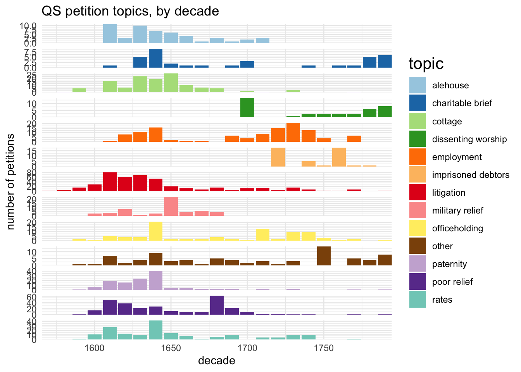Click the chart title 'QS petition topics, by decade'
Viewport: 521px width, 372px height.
(x=130, y=11)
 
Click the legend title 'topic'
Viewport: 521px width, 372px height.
(x=426, y=64)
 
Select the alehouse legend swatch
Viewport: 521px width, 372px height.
(x=417, y=85)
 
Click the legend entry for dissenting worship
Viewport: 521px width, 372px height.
(x=469, y=139)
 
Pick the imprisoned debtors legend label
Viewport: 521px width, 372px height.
(x=471, y=175)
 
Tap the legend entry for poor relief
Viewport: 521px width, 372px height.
(x=452, y=282)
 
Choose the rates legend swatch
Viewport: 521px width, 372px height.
(x=417, y=300)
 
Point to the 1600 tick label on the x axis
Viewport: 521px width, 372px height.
(x=94, y=347)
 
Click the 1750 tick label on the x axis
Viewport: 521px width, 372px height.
(x=324, y=347)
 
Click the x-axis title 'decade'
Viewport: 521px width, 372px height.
(x=216, y=361)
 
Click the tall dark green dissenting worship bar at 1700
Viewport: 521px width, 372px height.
(x=247, y=108)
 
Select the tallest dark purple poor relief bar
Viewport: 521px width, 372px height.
(x=217, y=305)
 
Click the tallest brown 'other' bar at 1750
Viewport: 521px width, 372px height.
(x=324, y=256)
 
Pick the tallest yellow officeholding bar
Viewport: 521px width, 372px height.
(x=155, y=231)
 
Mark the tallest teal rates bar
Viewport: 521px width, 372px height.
(x=155, y=330)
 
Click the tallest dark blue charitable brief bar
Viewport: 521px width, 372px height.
(x=155, y=58)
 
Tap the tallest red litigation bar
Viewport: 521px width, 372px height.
(x=110, y=182)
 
